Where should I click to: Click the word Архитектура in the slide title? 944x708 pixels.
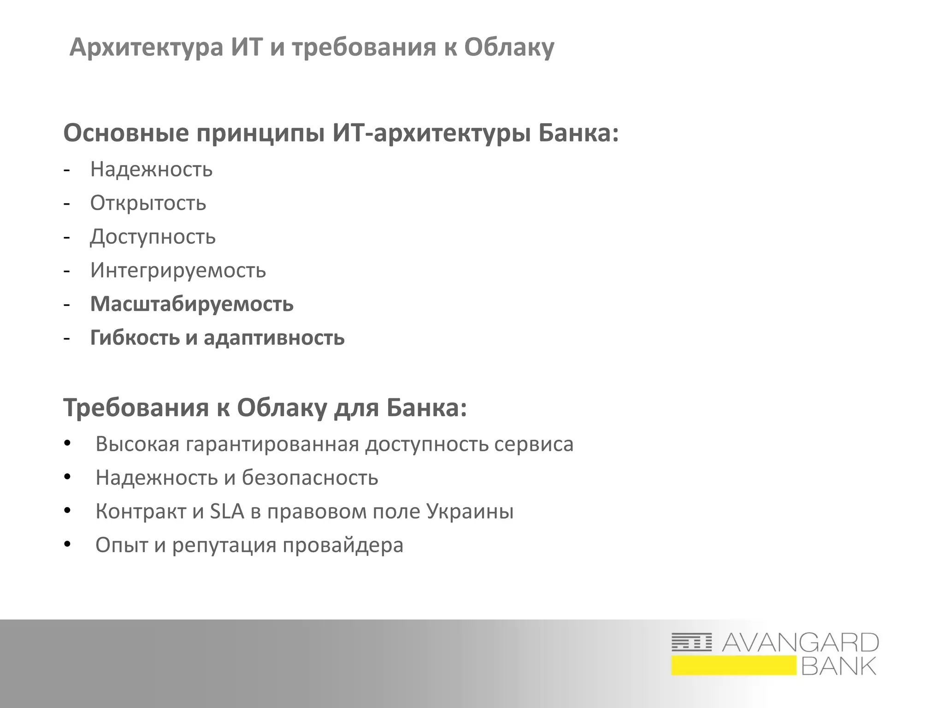click(146, 47)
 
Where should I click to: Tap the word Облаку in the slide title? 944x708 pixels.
click(509, 47)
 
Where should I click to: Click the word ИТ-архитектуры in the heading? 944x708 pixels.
click(431, 133)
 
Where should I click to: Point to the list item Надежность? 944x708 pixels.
click(151, 169)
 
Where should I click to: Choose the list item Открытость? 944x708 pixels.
click(148, 203)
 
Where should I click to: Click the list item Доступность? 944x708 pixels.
click(153, 236)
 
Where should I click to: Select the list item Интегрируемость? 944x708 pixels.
click(178, 270)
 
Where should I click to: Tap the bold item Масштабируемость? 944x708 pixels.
click(192, 304)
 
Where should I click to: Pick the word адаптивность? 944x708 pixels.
click(274, 337)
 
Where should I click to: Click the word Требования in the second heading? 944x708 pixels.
click(136, 407)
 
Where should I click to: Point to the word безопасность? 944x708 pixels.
click(310, 478)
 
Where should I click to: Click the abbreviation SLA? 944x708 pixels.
click(227, 511)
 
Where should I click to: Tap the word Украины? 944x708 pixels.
click(470, 511)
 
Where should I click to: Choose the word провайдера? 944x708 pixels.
click(343, 545)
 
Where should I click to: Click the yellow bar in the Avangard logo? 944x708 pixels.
click(733, 666)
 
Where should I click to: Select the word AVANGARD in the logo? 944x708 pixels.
click(800, 643)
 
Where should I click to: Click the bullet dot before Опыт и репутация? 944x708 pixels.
click(68, 544)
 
